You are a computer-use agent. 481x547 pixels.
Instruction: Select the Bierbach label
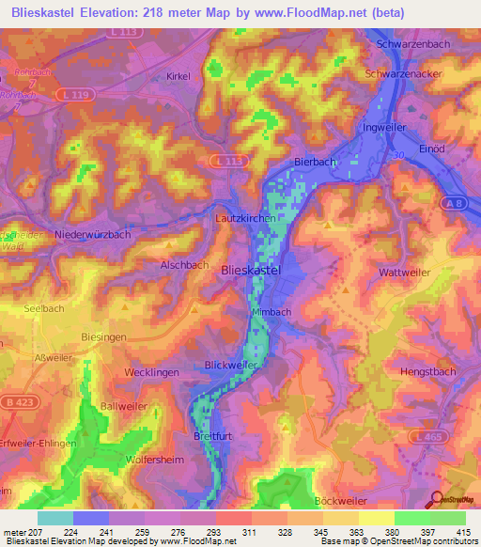click(x=315, y=162)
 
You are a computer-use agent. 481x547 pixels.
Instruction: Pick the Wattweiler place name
click(x=405, y=273)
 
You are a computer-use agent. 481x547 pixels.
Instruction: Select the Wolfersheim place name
click(x=155, y=461)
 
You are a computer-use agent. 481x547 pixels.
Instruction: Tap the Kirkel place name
click(x=178, y=75)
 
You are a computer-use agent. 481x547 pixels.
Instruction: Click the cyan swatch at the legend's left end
click(x=55, y=518)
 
